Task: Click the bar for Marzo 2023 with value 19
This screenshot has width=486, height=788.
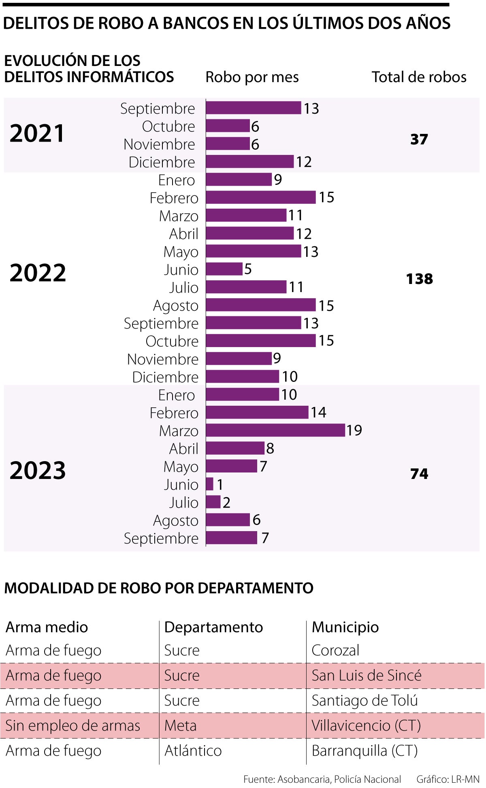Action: pos(275,430)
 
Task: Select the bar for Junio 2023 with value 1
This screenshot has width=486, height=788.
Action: pos(209,484)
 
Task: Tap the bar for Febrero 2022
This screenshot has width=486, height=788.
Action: pos(260,197)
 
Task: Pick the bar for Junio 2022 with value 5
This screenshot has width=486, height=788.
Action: pos(224,269)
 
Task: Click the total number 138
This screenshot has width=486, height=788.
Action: pos(419,279)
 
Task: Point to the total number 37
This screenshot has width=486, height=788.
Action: pos(419,139)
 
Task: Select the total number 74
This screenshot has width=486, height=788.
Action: pos(419,474)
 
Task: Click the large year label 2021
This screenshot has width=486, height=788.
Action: pos(37,133)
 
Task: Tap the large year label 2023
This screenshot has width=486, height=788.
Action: pos(38,470)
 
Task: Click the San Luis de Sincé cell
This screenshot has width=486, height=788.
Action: pos(367,675)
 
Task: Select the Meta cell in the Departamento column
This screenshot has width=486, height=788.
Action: pos(180,725)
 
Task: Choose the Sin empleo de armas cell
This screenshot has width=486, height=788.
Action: pos(73,725)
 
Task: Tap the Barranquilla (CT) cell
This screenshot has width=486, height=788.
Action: pos(364,750)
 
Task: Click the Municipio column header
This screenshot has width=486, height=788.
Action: pos(345,627)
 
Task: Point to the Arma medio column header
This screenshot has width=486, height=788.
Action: pos(47,627)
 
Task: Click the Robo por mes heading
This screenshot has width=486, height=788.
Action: pos(252,77)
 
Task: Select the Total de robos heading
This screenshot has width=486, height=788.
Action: pos(419,77)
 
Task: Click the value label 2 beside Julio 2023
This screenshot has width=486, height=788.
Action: pos(226,502)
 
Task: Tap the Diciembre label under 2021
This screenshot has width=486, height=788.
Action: pos(162,162)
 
